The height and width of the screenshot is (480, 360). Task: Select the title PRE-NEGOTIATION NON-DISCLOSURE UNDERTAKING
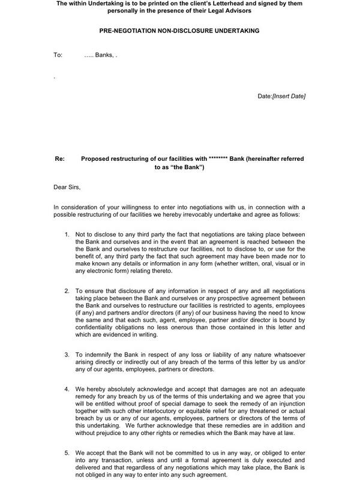pos(179,30)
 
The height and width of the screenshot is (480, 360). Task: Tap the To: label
pos(58,55)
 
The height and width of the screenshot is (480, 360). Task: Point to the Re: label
pos(59,158)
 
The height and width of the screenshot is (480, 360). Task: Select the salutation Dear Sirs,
pos(70,188)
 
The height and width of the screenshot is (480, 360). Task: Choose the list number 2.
pos(67,290)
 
